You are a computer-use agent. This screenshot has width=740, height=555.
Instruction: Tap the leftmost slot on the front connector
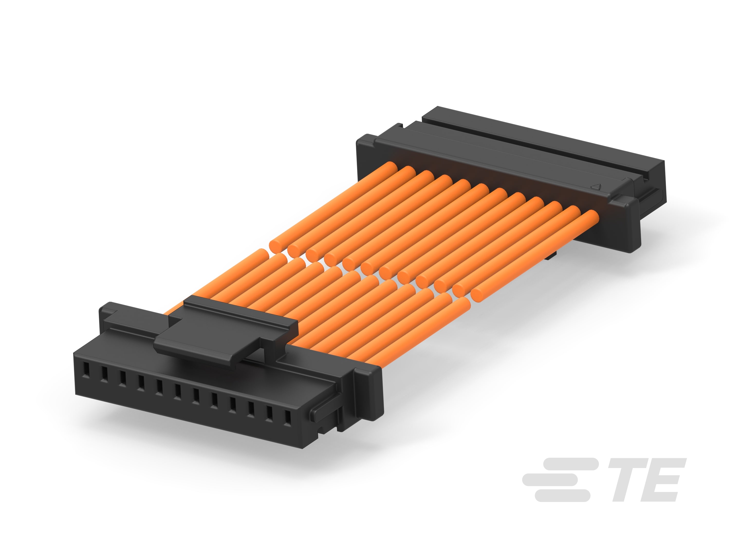coord(86,369)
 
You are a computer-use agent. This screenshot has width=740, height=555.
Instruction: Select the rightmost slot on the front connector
coord(287,418)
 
